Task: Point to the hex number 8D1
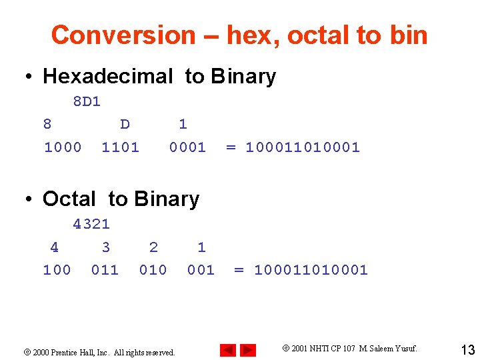pos(87,102)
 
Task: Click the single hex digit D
pos(125,124)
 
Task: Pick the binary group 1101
pos(121,147)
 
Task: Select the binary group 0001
pos(187,147)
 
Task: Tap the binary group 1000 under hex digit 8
pos(63,147)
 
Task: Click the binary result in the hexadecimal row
pos(303,147)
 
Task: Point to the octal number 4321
pos(91,225)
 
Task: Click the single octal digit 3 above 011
pos(106,247)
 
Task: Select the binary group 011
pos(105,270)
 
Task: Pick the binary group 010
pos(153,270)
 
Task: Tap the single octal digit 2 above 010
pos(154,247)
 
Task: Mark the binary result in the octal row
pos(311,270)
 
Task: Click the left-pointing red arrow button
pos(228,350)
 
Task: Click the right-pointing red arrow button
pos(248,350)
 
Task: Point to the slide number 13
pos(467,349)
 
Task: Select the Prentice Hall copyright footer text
pos(103,352)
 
